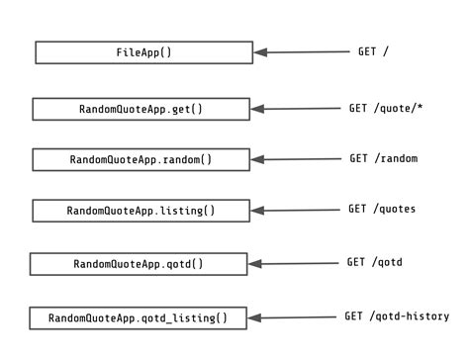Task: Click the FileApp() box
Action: click(143, 52)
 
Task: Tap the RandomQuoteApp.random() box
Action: click(141, 159)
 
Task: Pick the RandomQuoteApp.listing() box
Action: click(141, 211)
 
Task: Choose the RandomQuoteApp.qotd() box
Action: click(139, 264)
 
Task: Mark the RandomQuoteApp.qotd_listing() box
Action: click(138, 318)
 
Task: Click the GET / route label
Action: click(373, 50)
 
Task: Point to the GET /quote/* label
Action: click(385, 107)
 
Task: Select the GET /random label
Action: click(383, 158)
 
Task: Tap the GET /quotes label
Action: click(382, 209)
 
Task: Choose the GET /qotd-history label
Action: click(396, 316)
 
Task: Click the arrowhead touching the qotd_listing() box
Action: click(254, 318)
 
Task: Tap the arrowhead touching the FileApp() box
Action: click(260, 53)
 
